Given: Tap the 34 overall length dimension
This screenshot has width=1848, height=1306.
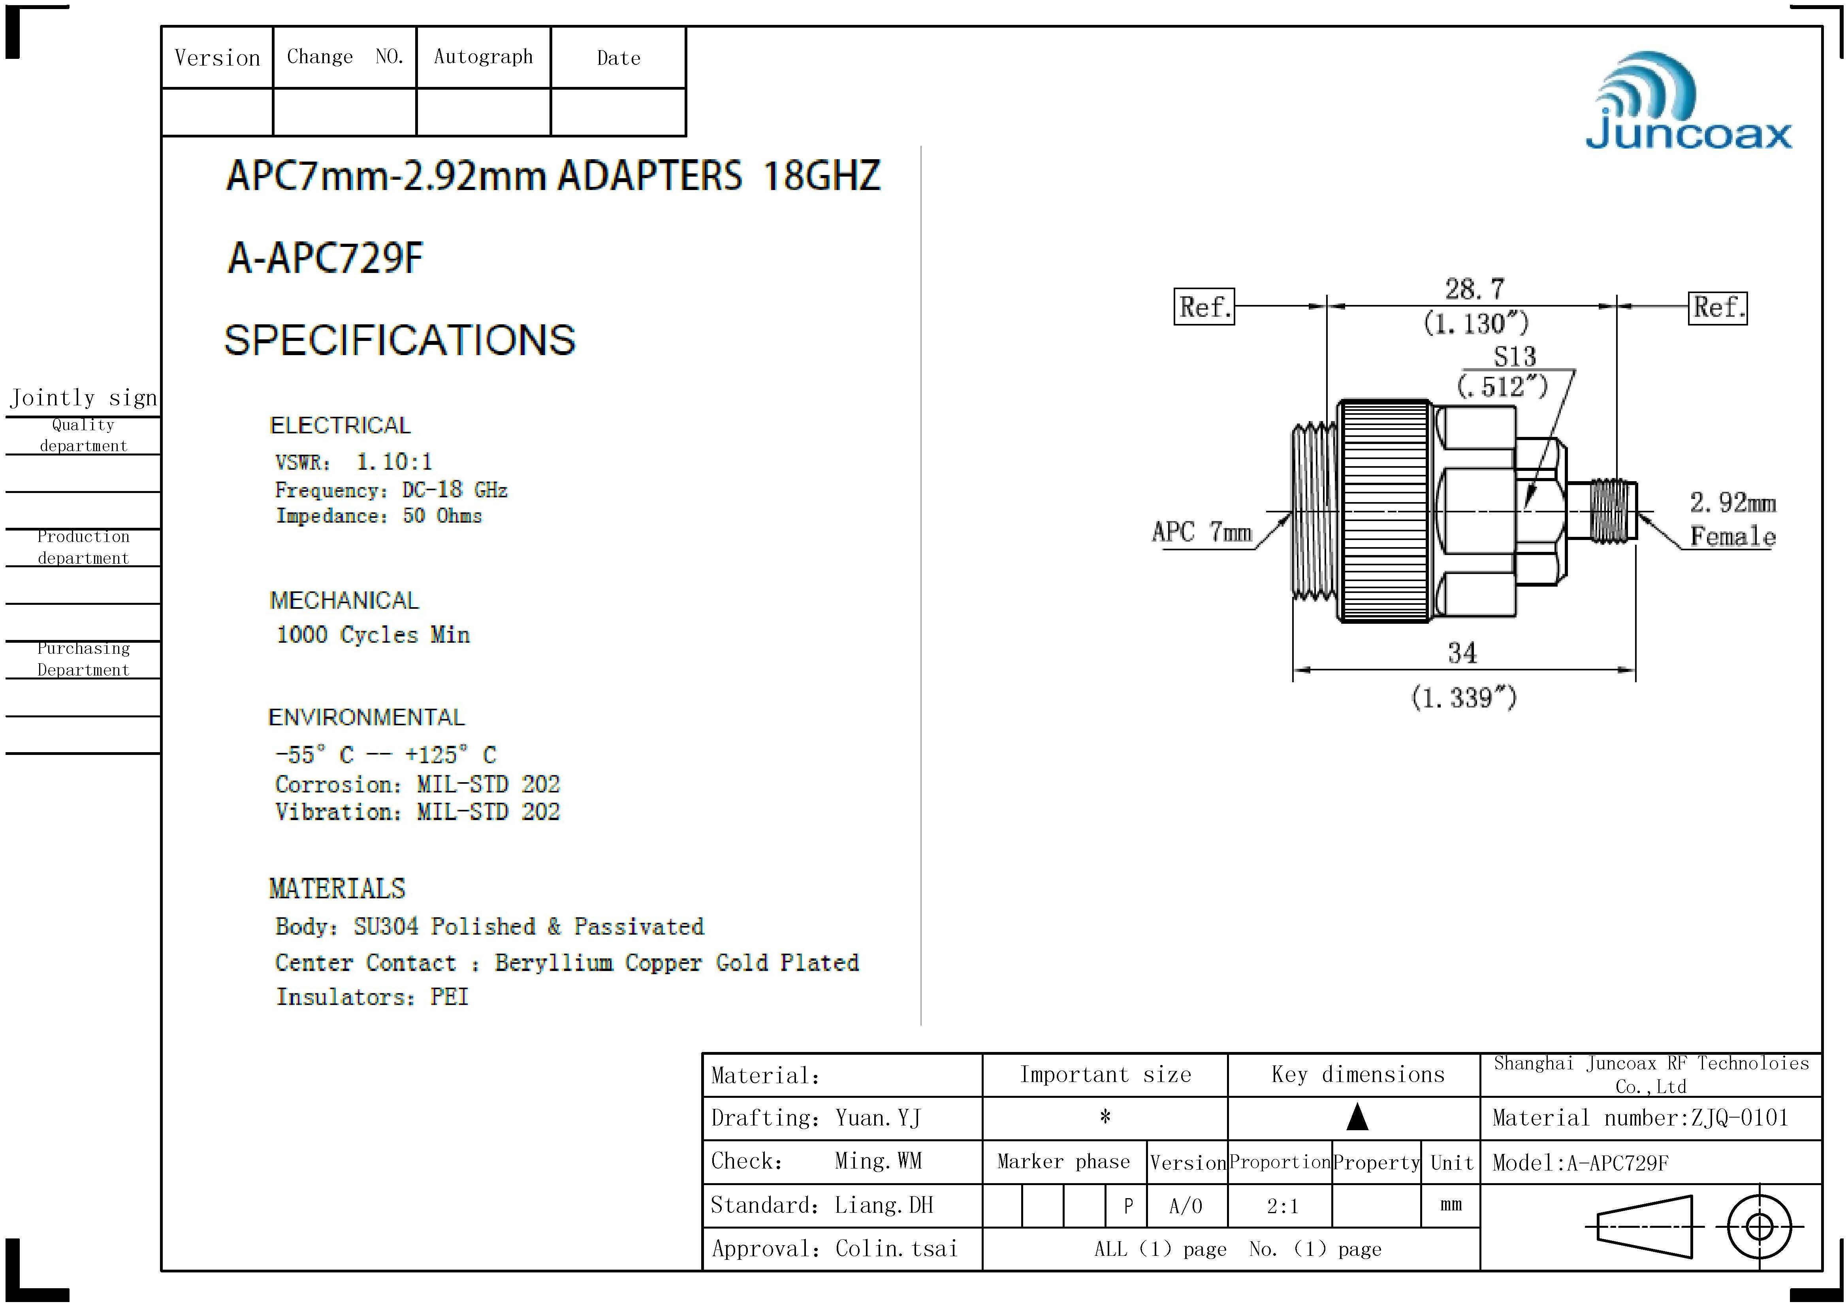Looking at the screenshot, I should pos(1462,653).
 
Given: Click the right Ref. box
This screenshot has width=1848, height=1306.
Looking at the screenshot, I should pos(1718,307).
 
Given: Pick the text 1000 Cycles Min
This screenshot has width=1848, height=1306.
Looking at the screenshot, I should pos(373,635).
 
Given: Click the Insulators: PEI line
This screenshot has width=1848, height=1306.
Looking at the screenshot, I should pos(372,997).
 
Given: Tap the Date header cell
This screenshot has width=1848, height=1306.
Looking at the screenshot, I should pos(618,58).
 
